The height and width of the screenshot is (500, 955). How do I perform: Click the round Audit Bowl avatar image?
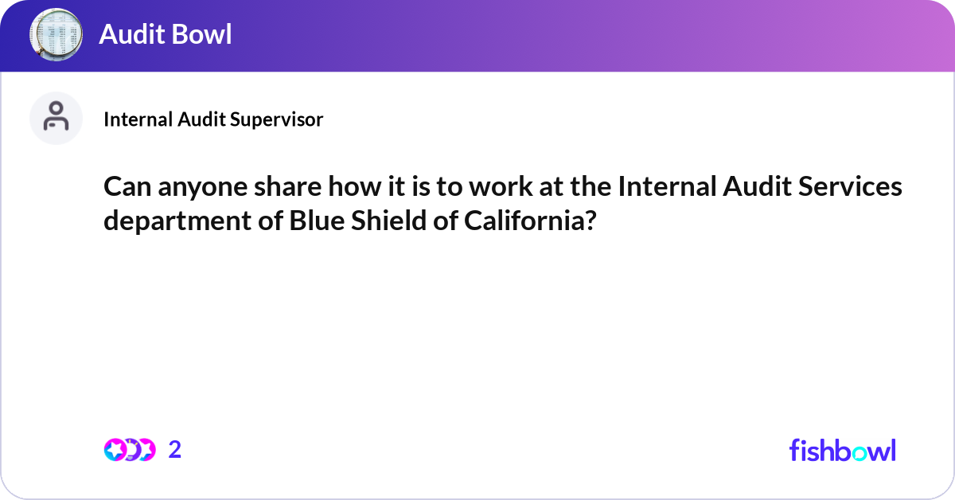coord(57,35)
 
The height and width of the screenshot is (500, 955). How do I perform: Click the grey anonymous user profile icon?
coord(56,118)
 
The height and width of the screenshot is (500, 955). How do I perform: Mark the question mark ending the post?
coord(590,221)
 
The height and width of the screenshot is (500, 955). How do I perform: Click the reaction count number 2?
coord(175,450)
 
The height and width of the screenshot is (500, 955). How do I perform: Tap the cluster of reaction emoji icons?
coord(129,450)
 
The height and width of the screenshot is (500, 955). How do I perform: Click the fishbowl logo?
coord(842,450)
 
